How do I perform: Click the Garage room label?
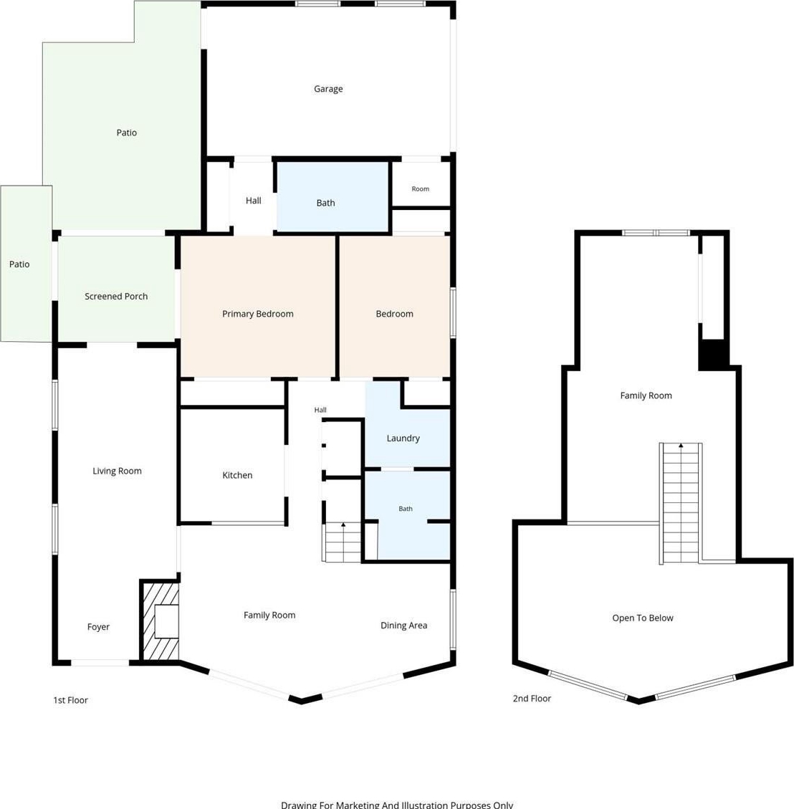pyautogui.click(x=328, y=89)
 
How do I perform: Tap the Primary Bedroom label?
pyautogui.click(x=257, y=314)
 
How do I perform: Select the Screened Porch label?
pyautogui.click(x=116, y=296)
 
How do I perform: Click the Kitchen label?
pyautogui.click(x=237, y=475)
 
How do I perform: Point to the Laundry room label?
pyautogui.click(x=403, y=438)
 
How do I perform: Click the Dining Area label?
pyautogui.click(x=404, y=626)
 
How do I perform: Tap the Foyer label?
pyautogui.click(x=98, y=627)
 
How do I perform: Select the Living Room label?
pyautogui.click(x=117, y=471)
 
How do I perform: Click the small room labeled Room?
pyautogui.click(x=421, y=189)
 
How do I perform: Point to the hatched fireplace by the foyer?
pyautogui.click(x=161, y=621)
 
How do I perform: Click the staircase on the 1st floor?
pyautogui.click(x=343, y=542)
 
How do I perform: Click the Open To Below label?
pyautogui.click(x=643, y=618)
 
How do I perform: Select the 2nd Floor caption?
pyautogui.click(x=532, y=699)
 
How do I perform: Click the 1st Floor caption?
pyautogui.click(x=71, y=700)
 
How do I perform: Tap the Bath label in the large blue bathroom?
pyautogui.click(x=325, y=203)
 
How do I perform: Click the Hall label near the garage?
pyautogui.click(x=253, y=201)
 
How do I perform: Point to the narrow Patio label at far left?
pyautogui.click(x=19, y=264)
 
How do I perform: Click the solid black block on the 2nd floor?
pyautogui.click(x=714, y=354)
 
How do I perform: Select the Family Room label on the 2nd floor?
pyautogui.click(x=646, y=396)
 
